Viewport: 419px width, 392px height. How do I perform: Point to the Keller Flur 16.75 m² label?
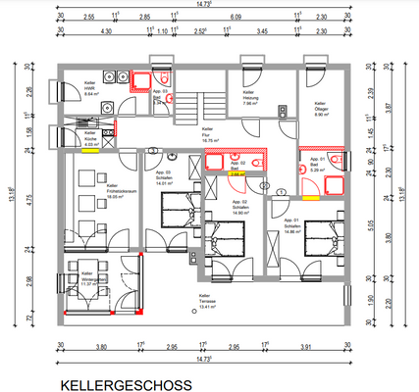[x=208, y=135]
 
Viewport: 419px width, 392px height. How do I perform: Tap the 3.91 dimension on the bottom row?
[x=304, y=347]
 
